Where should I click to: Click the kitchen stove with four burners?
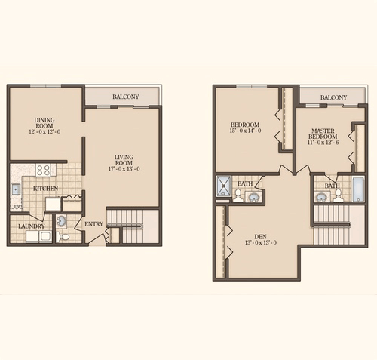click(43, 171)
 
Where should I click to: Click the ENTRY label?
click(94, 224)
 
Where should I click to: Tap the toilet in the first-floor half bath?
click(64, 235)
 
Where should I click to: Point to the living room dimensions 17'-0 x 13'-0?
click(123, 169)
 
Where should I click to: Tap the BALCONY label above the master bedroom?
click(333, 97)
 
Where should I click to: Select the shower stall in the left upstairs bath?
click(225, 188)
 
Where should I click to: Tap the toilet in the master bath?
click(338, 195)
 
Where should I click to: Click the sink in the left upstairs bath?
click(253, 196)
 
